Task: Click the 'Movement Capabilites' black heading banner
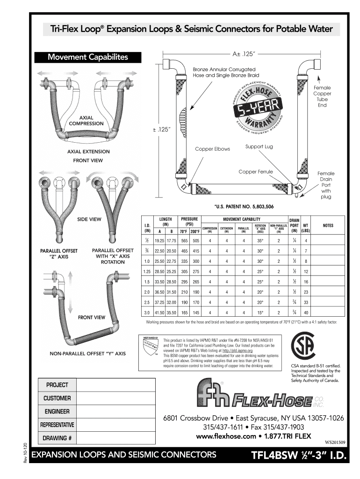(x=88, y=57)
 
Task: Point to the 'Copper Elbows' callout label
(x=212, y=149)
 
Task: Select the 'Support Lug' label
(x=259, y=147)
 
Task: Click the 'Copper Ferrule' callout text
(x=255, y=172)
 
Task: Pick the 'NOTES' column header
(x=328, y=225)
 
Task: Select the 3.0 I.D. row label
(x=147, y=312)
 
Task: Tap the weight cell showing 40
(x=306, y=312)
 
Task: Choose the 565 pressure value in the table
(x=184, y=240)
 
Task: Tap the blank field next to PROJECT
(x=115, y=385)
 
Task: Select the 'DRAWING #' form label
(x=57, y=439)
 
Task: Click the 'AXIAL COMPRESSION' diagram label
(x=86, y=120)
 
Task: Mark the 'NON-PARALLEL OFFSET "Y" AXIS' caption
(x=87, y=353)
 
